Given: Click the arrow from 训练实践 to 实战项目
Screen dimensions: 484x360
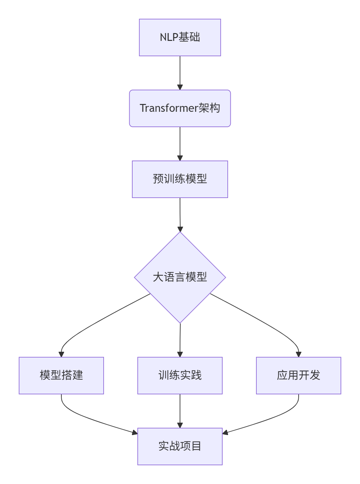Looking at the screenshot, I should tap(180, 411).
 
